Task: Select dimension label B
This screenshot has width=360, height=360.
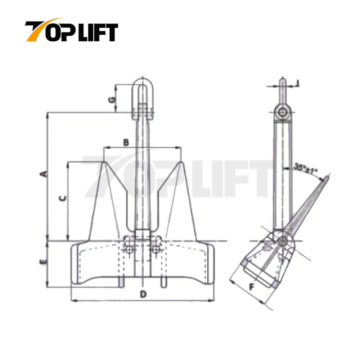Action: [126, 142]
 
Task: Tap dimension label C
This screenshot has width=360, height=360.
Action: [62, 198]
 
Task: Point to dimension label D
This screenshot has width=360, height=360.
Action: [143, 294]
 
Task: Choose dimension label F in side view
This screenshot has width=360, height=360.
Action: [252, 287]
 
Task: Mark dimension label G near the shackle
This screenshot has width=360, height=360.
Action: [113, 99]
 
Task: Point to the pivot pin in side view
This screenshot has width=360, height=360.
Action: [283, 240]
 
